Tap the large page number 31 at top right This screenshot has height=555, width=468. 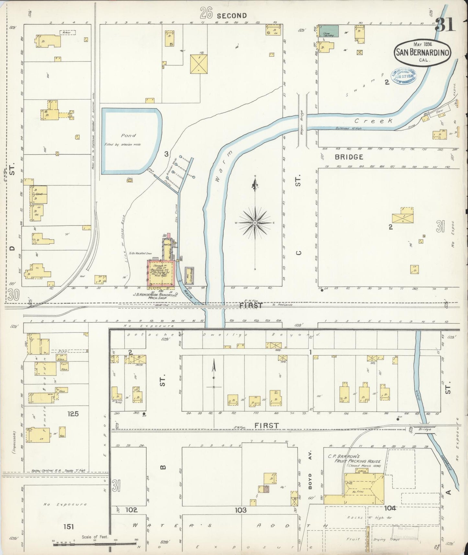[445, 25]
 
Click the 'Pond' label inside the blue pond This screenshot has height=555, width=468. [129, 135]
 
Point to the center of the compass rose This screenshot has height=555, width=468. [255, 223]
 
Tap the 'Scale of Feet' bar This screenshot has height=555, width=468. [94, 542]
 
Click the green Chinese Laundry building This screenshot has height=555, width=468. [329, 31]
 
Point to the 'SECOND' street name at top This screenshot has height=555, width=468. [232, 16]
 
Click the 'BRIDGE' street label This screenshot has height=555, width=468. [349, 157]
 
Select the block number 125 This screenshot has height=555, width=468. [73, 414]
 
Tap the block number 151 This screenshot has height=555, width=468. [69, 527]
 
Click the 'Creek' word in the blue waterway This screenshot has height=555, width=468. [373, 121]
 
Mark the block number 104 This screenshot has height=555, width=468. [390, 508]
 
